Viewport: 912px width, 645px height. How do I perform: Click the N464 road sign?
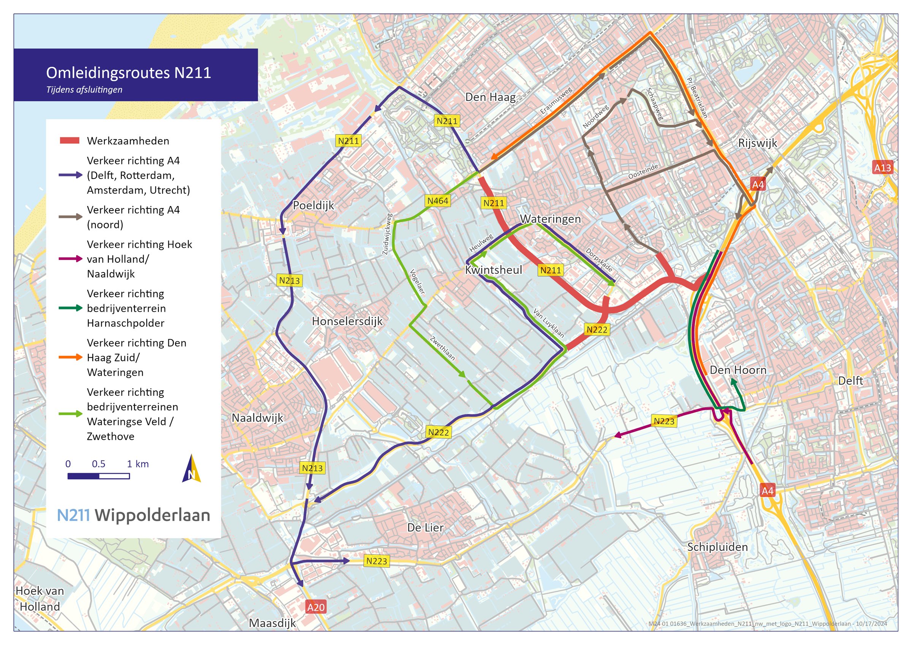click(437, 201)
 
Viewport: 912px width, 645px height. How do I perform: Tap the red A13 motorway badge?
click(882, 168)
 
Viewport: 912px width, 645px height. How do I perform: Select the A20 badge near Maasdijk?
click(316, 607)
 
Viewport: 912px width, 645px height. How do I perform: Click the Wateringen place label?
click(550, 219)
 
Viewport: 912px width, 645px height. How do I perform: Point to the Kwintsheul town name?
click(493, 270)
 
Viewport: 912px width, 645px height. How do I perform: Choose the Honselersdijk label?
click(347, 321)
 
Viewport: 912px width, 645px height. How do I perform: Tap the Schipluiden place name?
click(717, 547)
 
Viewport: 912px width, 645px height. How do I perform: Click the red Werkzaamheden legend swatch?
click(70, 141)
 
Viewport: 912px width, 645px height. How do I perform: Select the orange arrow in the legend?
click(70, 357)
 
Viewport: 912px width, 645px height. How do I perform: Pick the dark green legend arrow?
click(70, 308)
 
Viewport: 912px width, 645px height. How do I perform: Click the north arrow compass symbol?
click(192, 469)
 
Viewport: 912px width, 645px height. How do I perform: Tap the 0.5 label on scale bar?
click(98, 464)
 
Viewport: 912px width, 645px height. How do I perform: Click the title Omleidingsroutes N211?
click(128, 73)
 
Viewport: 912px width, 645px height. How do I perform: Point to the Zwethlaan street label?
click(442, 348)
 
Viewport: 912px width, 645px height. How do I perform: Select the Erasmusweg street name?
click(556, 101)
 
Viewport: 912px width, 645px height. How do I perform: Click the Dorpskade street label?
click(598, 260)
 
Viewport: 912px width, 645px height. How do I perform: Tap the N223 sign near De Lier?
click(376, 561)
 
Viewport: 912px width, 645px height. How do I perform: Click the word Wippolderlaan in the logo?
click(152, 515)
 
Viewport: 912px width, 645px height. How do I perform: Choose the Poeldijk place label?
click(313, 206)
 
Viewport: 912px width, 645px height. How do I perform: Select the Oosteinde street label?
click(643, 171)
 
